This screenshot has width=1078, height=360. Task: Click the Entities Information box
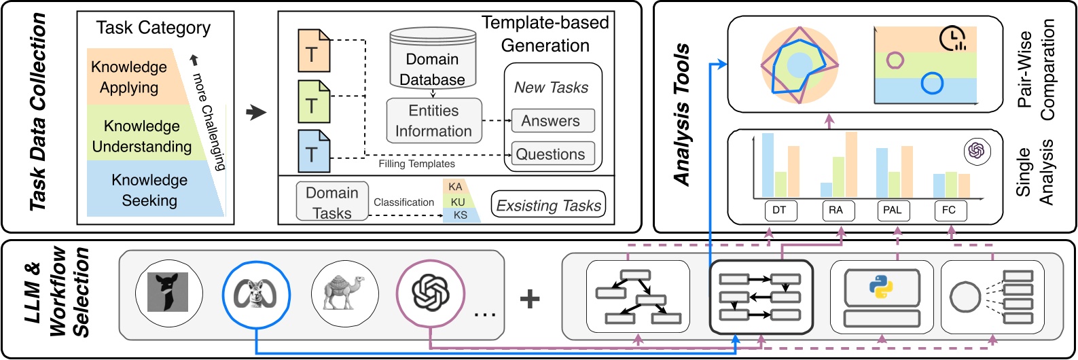click(x=433, y=121)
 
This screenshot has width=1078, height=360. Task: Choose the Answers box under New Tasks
click(x=552, y=121)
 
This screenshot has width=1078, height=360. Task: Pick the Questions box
click(x=552, y=154)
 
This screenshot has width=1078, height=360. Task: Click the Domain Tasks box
click(x=332, y=202)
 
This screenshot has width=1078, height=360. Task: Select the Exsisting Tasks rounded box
click(x=548, y=204)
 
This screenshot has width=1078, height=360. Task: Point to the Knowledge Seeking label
click(x=149, y=190)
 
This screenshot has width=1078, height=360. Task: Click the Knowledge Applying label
click(x=129, y=77)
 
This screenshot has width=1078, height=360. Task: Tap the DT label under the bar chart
click(x=779, y=211)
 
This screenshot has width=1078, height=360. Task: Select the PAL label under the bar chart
click(x=892, y=211)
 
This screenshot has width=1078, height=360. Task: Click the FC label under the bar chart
click(x=949, y=211)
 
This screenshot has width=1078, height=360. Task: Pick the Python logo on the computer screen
click(x=881, y=287)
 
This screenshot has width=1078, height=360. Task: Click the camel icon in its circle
click(x=344, y=294)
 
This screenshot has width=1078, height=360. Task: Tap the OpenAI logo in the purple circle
click(x=431, y=294)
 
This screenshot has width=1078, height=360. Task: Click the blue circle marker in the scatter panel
click(x=932, y=83)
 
